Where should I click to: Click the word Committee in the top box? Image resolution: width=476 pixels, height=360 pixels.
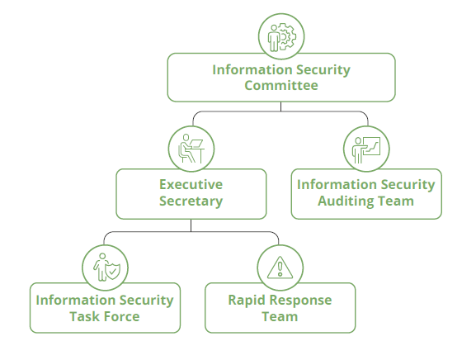pyautogui.click(x=281, y=85)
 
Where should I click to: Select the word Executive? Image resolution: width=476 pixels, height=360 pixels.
pyautogui.click(x=191, y=184)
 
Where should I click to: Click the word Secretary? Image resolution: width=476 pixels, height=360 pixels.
pyautogui.click(x=191, y=201)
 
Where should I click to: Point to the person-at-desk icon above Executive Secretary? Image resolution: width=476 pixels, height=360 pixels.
pyautogui.click(x=191, y=149)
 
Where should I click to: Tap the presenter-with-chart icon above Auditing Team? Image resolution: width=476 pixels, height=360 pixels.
pyautogui.click(x=366, y=149)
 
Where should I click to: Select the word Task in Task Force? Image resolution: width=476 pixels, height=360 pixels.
pyautogui.click(x=83, y=316)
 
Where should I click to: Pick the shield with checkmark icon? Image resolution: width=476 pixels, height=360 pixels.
pyautogui.click(x=113, y=272)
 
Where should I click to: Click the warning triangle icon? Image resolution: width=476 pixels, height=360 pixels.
pyautogui.click(x=280, y=268)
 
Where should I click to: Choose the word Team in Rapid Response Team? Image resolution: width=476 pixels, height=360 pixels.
pyautogui.click(x=280, y=316)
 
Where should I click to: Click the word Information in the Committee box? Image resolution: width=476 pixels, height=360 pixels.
pyautogui.click(x=252, y=69)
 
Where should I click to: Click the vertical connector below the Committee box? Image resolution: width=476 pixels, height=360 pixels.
pyautogui.click(x=280, y=107)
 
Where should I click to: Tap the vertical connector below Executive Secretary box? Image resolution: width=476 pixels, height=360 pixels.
pyautogui.click(x=191, y=225)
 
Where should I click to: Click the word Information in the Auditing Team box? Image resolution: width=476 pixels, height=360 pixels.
pyautogui.click(x=337, y=184)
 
